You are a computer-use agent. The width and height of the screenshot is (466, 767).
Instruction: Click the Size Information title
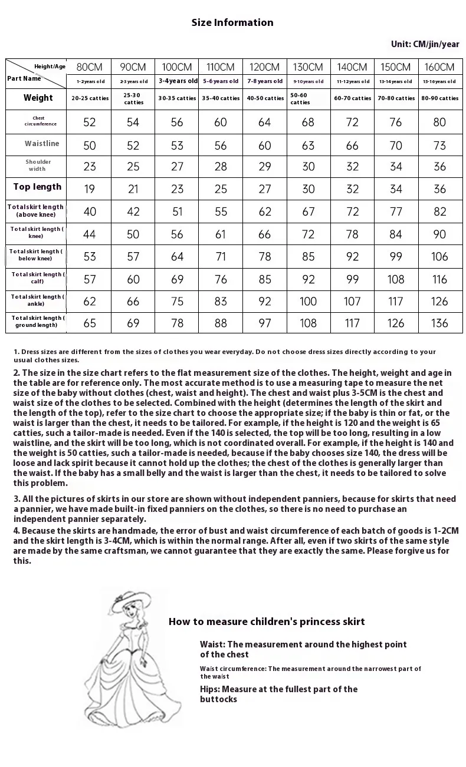[232, 22]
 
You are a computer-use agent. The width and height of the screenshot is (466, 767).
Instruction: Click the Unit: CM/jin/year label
[425, 44]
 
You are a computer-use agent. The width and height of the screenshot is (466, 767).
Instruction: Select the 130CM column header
[309, 67]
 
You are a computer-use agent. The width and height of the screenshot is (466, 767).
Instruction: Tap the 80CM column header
[90, 67]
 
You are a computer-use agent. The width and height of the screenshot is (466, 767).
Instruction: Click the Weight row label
[38, 98]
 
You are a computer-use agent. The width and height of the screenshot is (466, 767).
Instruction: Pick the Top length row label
[37, 187]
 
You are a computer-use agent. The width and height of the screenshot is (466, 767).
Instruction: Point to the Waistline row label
[42, 144]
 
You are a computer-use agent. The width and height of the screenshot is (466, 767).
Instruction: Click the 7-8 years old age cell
[265, 81]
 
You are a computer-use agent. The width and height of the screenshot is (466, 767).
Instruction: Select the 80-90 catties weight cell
[440, 98]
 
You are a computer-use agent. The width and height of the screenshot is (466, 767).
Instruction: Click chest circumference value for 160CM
[440, 122]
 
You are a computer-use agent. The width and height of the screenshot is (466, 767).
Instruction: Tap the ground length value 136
[440, 323]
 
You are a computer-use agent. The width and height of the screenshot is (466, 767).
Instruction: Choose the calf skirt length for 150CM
[396, 279]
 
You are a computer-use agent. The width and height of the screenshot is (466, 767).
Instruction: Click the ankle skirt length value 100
[309, 302]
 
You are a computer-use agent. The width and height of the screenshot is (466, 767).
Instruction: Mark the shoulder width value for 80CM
[90, 167]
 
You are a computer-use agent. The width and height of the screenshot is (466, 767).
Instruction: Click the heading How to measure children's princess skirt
[267, 621]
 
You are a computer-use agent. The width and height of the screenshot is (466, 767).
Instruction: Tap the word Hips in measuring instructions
[209, 689]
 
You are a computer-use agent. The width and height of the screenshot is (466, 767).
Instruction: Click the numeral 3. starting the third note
[17, 499]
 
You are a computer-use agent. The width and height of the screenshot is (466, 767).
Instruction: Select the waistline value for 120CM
[265, 145]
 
